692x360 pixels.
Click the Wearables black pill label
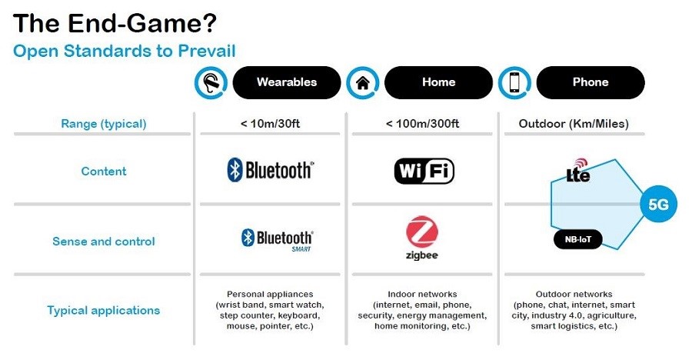coord(287,82)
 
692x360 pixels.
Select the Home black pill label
coord(439,82)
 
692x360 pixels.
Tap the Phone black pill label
coord(591,82)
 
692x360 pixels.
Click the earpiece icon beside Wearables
coord(211,82)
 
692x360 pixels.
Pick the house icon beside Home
coord(363,82)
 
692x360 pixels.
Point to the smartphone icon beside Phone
coord(514,82)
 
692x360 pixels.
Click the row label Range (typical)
coord(104,124)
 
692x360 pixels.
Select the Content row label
coord(104,171)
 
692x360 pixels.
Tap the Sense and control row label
coord(104,242)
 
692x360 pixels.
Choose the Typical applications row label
coord(104,311)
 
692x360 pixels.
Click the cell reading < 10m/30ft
coord(270,124)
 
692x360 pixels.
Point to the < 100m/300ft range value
coord(422,124)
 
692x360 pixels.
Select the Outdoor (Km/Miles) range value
coord(574,124)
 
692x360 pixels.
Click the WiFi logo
coord(424,171)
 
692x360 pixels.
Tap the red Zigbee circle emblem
coord(422,232)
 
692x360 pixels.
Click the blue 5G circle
coord(658,204)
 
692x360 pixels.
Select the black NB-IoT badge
coord(578,239)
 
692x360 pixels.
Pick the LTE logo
coord(578,171)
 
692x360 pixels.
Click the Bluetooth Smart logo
coord(277,240)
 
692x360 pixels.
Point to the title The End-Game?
coord(115,23)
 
